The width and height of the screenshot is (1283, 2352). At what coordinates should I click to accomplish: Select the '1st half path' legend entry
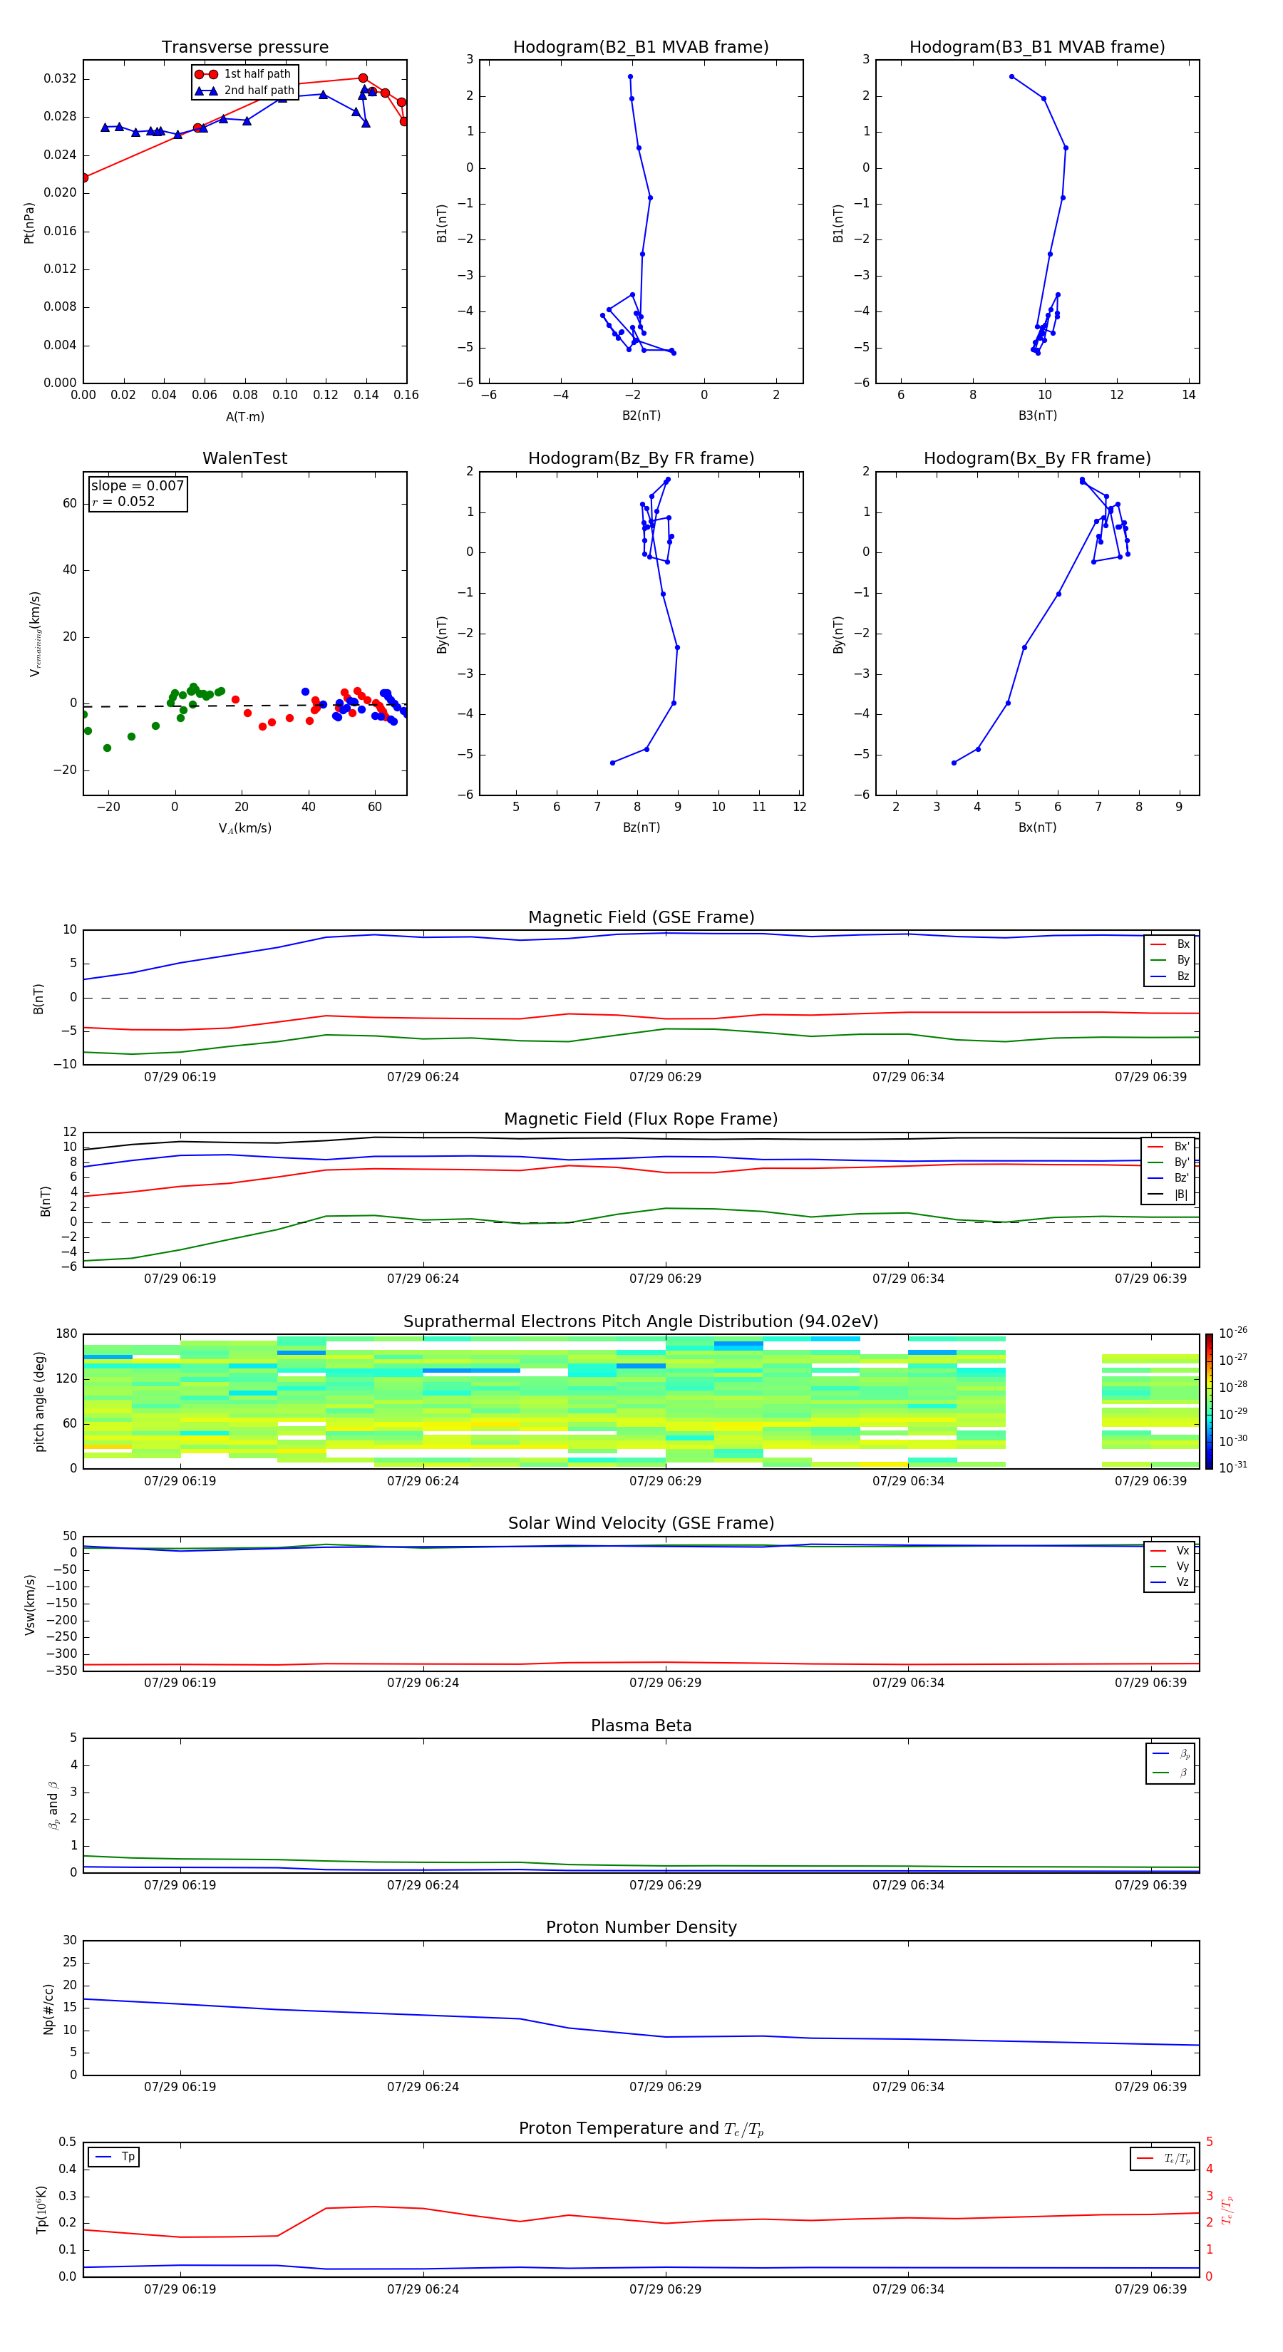[257, 74]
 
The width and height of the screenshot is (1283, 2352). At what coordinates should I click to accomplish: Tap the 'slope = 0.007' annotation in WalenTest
[137, 486]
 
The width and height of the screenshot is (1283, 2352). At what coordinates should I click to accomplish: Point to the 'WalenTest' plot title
[244, 458]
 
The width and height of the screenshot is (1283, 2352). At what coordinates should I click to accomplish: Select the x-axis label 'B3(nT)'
[1037, 416]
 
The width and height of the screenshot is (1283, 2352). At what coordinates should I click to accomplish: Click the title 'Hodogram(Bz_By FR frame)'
[641, 458]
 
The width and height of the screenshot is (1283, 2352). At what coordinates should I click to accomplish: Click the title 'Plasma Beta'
[641, 1726]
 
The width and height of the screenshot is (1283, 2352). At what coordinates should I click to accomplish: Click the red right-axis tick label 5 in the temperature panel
[1209, 2142]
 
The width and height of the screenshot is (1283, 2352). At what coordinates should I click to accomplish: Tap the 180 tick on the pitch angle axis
[67, 1334]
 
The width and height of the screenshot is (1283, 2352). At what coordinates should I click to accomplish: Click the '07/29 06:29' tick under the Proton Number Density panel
[665, 2086]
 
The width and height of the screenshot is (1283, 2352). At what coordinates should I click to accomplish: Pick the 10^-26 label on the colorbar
[1233, 1333]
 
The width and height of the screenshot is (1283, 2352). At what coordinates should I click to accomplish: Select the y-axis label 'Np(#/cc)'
[48, 2008]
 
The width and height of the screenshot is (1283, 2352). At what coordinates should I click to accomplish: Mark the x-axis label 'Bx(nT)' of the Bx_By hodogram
[1037, 827]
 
